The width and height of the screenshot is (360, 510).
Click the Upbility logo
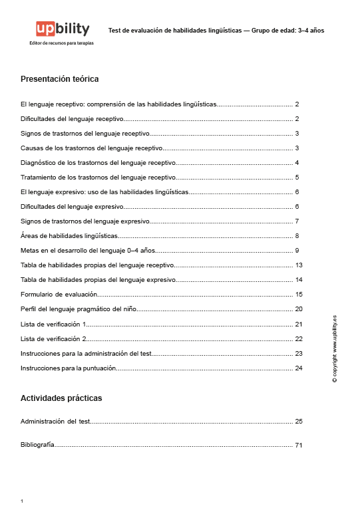(x=63, y=29)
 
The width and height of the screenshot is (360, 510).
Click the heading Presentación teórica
(x=60, y=79)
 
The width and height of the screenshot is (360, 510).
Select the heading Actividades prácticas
(x=61, y=398)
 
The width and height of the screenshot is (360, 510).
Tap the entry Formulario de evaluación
(x=59, y=294)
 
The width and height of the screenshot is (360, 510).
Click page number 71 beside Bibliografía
(x=299, y=446)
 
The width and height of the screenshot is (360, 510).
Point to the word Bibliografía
(x=37, y=446)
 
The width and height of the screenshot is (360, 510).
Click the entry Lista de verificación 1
(x=54, y=324)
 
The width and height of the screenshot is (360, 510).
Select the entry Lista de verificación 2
(x=54, y=338)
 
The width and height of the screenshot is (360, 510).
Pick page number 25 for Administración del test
(x=299, y=422)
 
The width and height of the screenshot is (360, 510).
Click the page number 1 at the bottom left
(x=22, y=501)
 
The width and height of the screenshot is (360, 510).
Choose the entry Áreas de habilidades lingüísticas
(x=69, y=235)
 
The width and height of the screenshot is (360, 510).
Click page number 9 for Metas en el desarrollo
(x=297, y=251)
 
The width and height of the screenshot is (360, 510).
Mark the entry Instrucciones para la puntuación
(x=69, y=368)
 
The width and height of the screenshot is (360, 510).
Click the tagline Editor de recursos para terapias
(x=62, y=43)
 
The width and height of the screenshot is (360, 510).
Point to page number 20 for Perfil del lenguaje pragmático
(x=299, y=309)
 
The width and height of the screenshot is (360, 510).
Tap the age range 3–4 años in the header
(x=311, y=31)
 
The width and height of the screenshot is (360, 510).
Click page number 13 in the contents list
(x=299, y=265)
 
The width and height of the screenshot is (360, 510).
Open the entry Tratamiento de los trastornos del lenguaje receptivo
(x=98, y=178)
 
